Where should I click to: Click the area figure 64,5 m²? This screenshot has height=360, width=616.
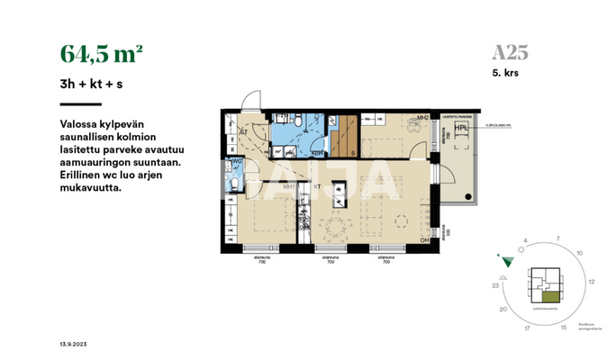101,53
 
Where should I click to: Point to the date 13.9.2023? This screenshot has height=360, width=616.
73,346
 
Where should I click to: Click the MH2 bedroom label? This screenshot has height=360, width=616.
419,117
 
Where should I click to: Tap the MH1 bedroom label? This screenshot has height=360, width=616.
290,186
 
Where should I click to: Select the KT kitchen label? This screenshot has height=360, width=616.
318,186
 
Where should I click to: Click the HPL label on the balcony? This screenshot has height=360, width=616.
461,128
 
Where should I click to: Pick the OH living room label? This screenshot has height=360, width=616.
423,240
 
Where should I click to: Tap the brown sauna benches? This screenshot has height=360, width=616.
343,135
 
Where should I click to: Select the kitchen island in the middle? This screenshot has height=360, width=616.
340,193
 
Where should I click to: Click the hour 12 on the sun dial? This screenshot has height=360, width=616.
591,282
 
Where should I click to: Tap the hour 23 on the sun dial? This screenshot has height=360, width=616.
496,285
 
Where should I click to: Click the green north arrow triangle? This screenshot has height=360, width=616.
508,261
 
